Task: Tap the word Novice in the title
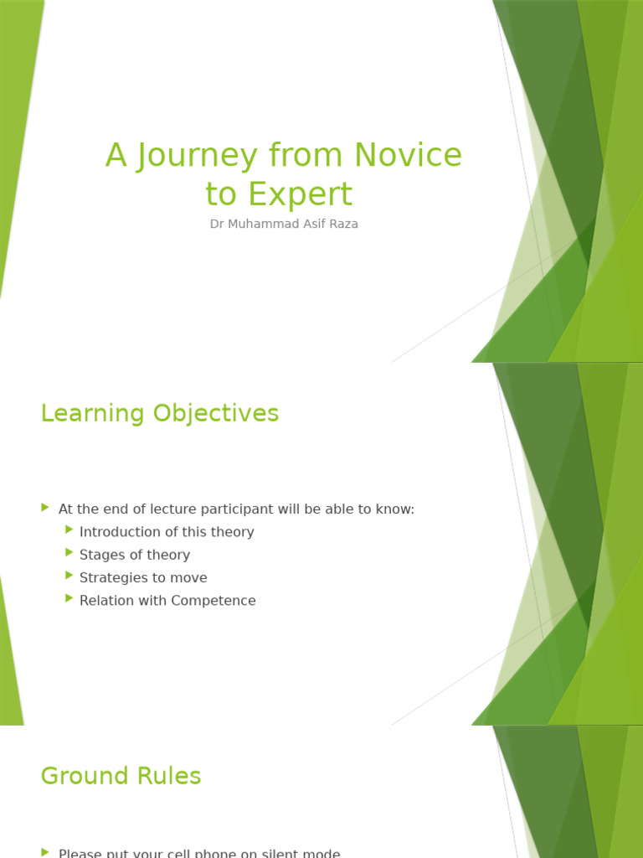tap(408, 155)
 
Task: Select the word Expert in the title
tap(298, 194)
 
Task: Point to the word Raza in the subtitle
tap(342, 225)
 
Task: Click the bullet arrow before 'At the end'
tap(45, 507)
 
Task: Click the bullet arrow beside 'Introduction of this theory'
tap(69, 530)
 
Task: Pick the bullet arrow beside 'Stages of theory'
tap(69, 552)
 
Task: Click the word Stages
tap(101, 555)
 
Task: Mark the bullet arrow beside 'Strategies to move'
tap(69, 575)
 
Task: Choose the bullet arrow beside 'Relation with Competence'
tap(69, 597)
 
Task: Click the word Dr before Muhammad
tap(217, 225)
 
